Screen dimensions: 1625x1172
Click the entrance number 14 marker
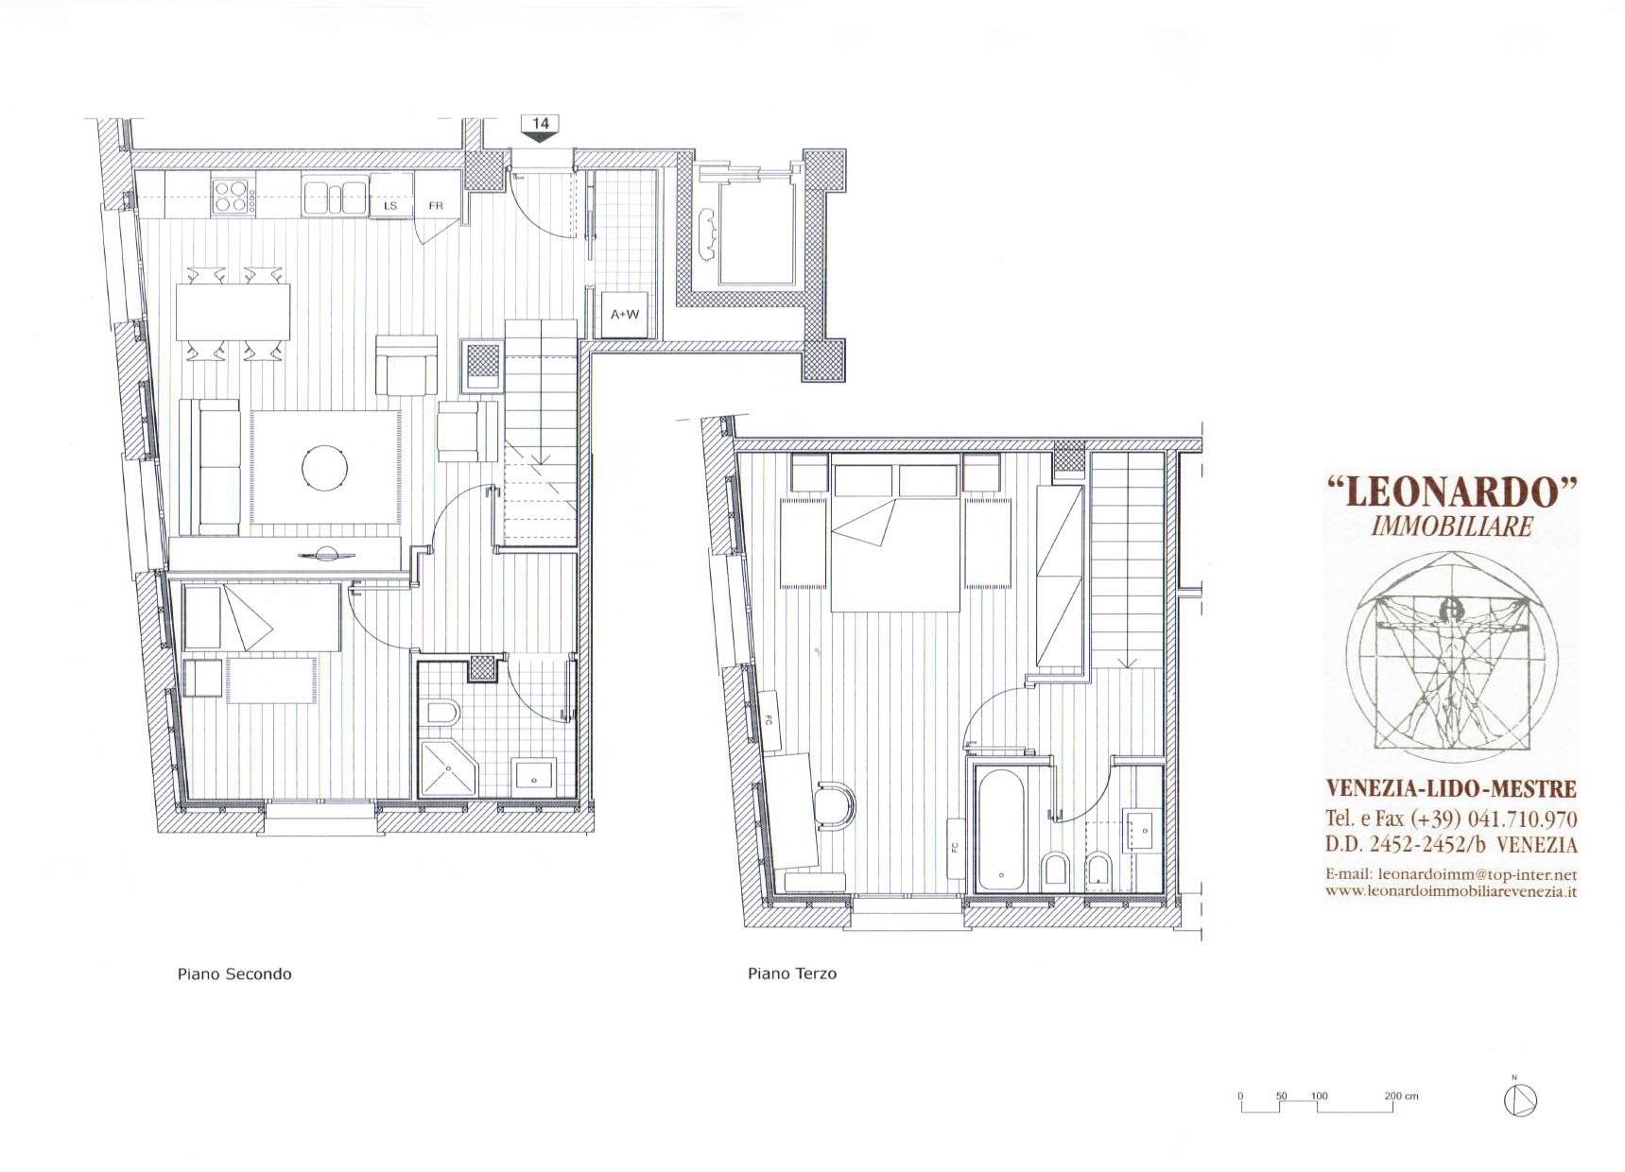[x=541, y=128]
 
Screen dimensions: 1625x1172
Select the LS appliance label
[x=390, y=205]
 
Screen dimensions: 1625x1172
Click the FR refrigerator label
[x=437, y=205]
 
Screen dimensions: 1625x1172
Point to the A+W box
[x=624, y=315]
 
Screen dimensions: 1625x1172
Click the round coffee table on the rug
[x=325, y=467]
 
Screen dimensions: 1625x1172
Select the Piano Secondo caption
[x=234, y=974]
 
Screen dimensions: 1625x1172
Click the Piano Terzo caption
[x=792, y=974]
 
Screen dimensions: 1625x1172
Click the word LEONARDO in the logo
[x=1453, y=492]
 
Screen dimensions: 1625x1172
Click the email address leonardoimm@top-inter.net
[x=1478, y=875]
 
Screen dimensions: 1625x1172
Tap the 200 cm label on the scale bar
[x=1402, y=1096]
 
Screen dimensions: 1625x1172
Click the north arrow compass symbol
[x=1520, y=1099]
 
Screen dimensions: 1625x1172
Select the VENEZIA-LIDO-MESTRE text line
[x=1451, y=789]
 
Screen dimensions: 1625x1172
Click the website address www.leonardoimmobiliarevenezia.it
[x=1451, y=891]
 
